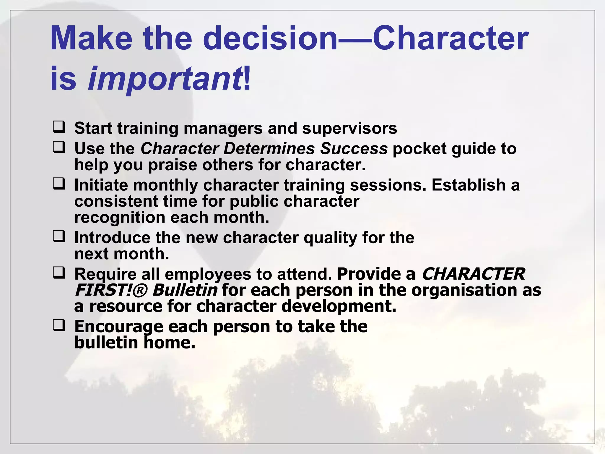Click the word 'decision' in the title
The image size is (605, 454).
pyautogui.click(x=270, y=38)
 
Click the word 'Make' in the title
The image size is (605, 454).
pyautogui.click(x=91, y=38)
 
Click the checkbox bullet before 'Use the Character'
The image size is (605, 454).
pyautogui.click(x=59, y=147)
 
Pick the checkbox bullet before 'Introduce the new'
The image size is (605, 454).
pyautogui.click(x=59, y=236)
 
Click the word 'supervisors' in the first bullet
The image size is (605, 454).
pyautogui.click(x=349, y=128)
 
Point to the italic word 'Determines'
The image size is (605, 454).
pyautogui.click(x=269, y=148)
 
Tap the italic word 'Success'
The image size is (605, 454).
pyautogui.click(x=354, y=148)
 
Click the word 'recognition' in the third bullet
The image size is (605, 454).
pyautogui.click(x=120, y=218)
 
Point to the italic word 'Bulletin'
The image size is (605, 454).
pyautogui.click(x=185, y=290)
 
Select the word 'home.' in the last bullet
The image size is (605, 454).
pyautogui.click(x=170, y=343)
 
